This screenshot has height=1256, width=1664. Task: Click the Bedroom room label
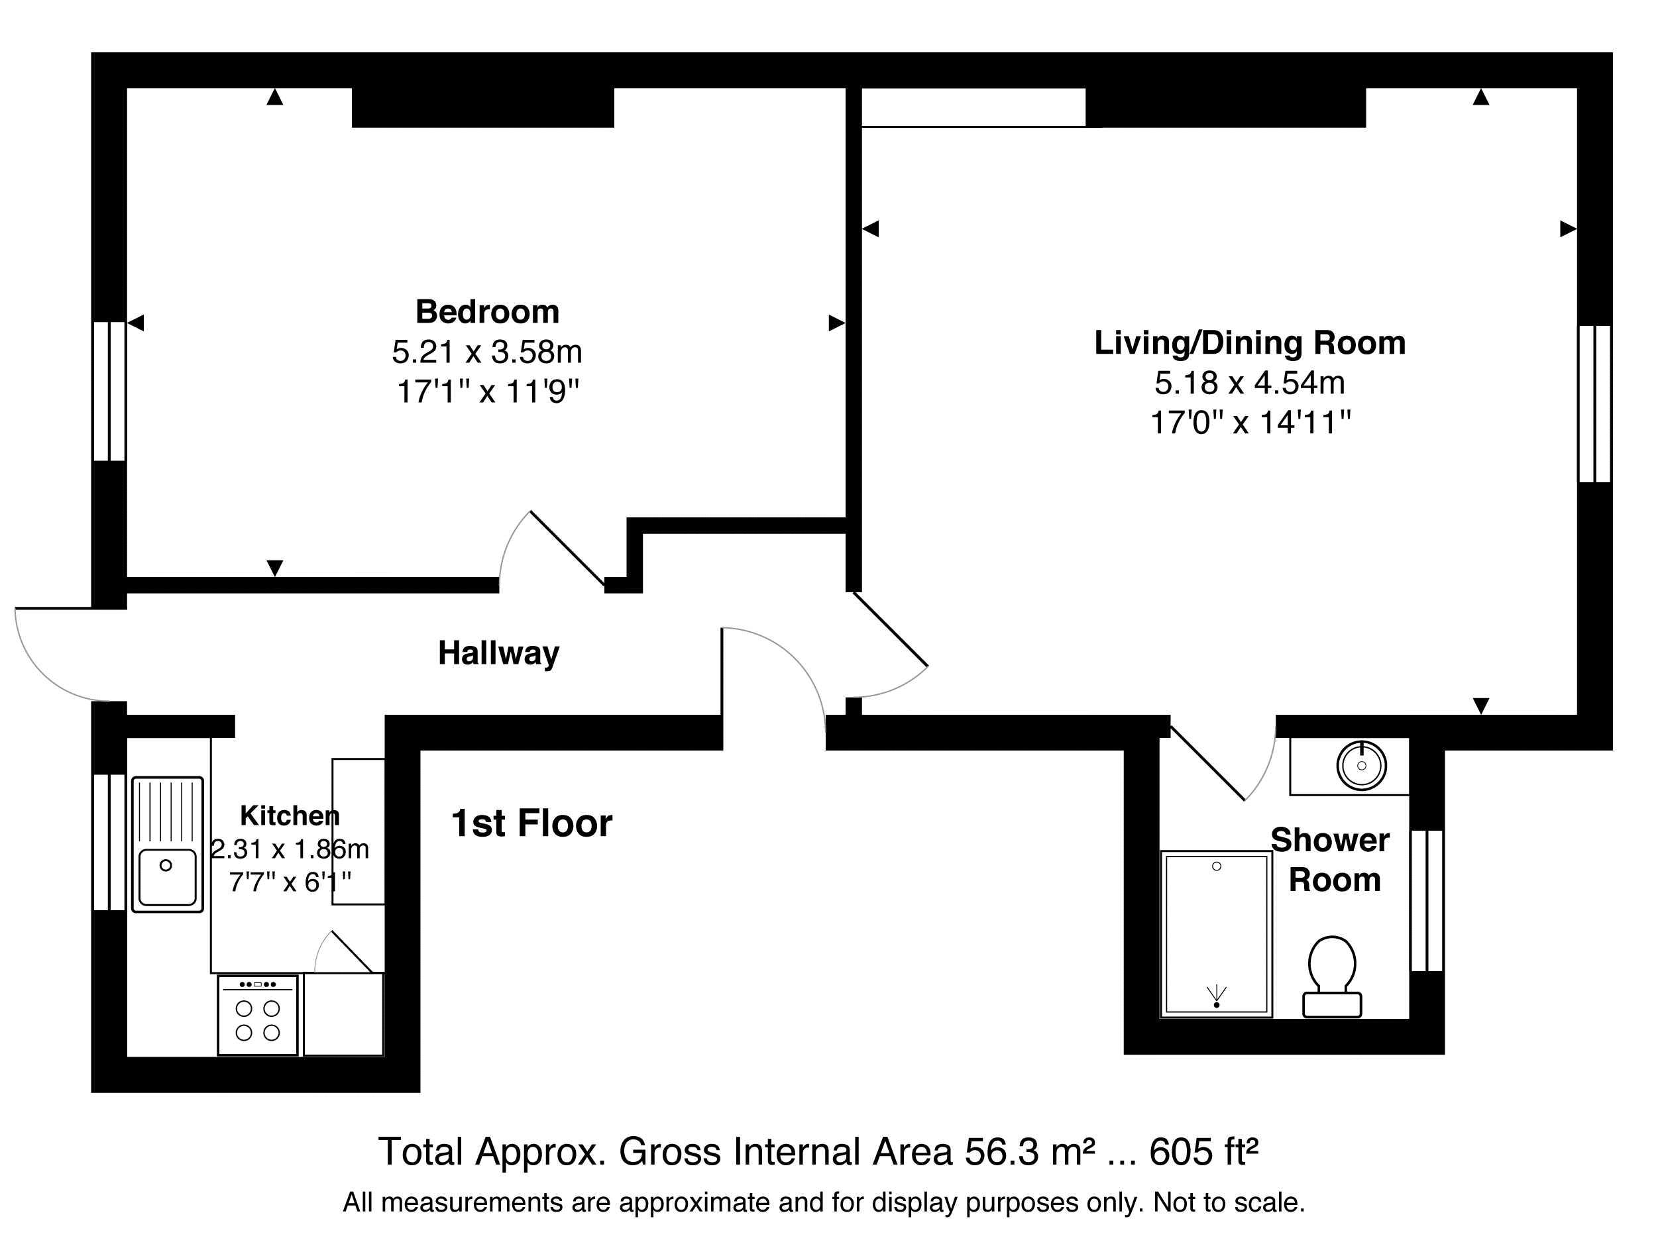click(488, 311)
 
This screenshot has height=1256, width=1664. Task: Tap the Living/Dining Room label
click(1250, 343)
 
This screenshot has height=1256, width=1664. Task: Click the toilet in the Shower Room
click(1331, 976)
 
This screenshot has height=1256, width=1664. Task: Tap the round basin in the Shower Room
click(1362, 766)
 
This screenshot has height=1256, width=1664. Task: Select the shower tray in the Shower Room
click(1217, 934)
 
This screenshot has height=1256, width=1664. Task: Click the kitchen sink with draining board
click(168, 845)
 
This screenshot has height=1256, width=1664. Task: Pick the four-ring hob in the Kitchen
click(258, 1016)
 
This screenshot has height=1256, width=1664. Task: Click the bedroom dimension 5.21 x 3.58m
click(488, 352)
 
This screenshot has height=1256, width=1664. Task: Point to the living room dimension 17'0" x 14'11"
click(1250, 423)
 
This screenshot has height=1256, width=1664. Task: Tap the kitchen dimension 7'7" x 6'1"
click(290, 882)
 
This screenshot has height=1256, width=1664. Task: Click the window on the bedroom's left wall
click(109, 391)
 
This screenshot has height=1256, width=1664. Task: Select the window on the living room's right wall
click(1594, 403)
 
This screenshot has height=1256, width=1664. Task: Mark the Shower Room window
click(1426, 900)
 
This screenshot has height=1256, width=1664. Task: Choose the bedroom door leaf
click(568, 549)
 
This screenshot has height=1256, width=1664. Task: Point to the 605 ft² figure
click(1204, 1151)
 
